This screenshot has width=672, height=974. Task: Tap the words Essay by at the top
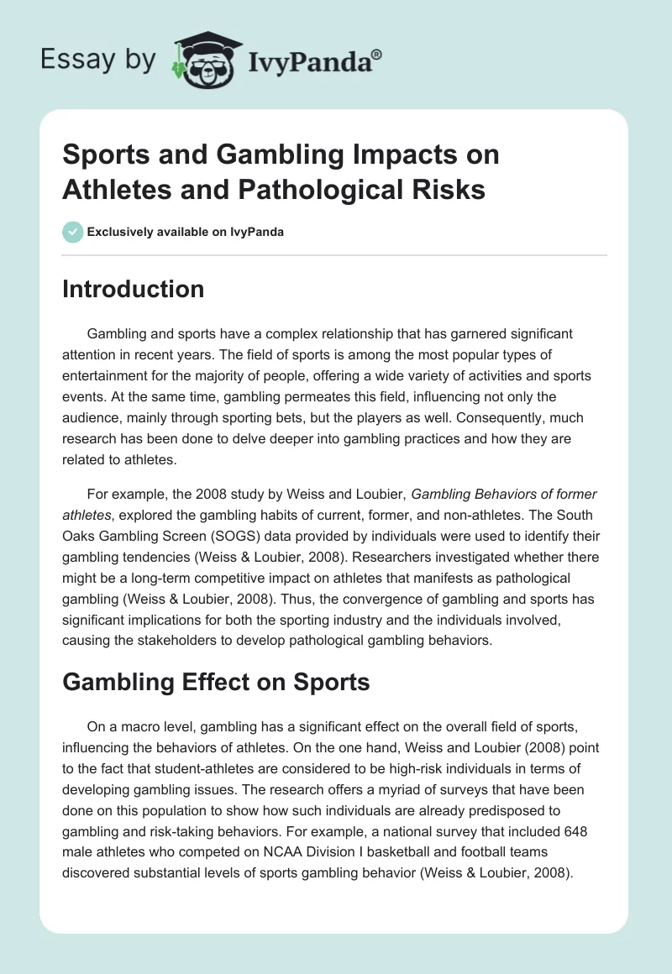click(x=99, y=60)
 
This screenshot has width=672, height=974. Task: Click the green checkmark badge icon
click(x=72, y=232)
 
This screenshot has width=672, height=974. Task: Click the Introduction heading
click(x=134, y=289)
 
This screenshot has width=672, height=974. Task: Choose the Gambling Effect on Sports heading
click(x=216, y=682)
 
